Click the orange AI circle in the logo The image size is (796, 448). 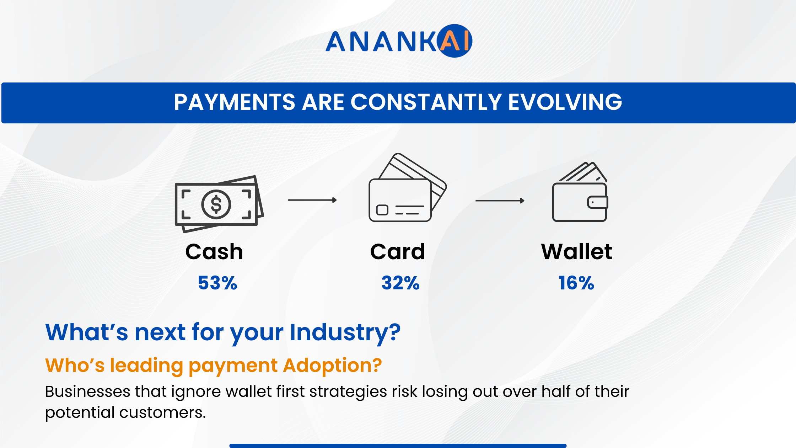pyautogui.click(x=456, y=41)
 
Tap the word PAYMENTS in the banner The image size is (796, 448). pyautogui.click(x=235, y=102)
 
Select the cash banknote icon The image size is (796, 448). pyautogui.click(x=219, y=204)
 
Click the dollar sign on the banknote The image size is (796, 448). pyautogui.click(x=216, y=204)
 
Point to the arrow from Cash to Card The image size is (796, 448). pyautogui.click(x=312, y=200)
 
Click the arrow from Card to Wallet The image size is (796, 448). pyautogui.click(x=500, y=201)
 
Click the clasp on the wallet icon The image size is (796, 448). pyautogui.click(x=598, y=202)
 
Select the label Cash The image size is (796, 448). pyautogui.click(x=214, y=252)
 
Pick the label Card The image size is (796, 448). pyautogui.click(x=398, y=252)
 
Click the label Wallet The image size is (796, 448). pyautogui.click(x=576, y=252)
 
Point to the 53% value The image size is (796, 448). pyautogui.click(x=217, y=283)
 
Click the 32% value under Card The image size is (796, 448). pyautogui.click(x=400, y=283)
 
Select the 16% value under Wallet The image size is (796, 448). pyautogui.click(x=576, y=283)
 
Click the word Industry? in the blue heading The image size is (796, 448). pyautogui.click(x=345, y=332)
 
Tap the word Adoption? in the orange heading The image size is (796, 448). pyautogui.click(x=332, y=366)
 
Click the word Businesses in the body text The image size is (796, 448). pyautogui.click(x=88, y=391)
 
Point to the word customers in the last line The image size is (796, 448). pyautogui.click(x=162, y=412)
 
